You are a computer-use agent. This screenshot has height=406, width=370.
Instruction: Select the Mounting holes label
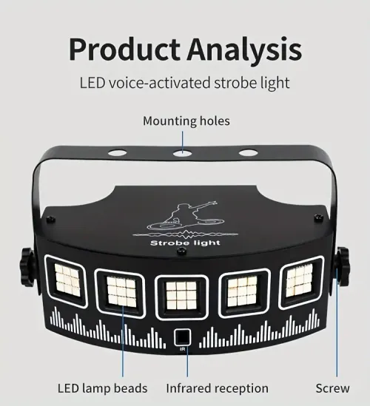[x=186, y=121]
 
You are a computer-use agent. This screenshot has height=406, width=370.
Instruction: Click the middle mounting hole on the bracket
[x=182, y=153]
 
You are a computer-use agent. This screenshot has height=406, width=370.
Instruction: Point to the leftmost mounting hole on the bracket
[x=116, y=154]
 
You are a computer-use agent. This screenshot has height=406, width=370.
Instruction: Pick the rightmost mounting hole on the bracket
[x=248, y=153]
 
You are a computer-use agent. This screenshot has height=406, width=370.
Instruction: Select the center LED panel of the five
[x=181, y=291]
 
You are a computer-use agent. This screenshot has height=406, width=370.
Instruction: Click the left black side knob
[x=27, y=266]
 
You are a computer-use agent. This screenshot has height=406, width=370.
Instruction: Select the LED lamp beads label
[x=103, y=388]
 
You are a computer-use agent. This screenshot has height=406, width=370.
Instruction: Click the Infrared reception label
[x=217, y=388]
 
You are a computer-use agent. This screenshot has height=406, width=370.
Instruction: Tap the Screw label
[x=332, y=388]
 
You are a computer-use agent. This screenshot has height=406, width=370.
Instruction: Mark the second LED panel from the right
[x=242, y=288]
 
